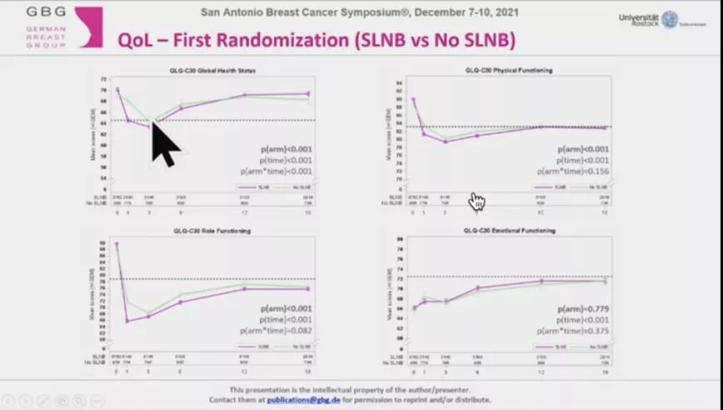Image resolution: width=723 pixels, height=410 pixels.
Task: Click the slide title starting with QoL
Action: coord(316,40)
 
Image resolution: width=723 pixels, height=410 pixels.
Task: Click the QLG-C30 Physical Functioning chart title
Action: coord(508,70)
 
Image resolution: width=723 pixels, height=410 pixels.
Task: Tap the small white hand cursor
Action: coord(476,201)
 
